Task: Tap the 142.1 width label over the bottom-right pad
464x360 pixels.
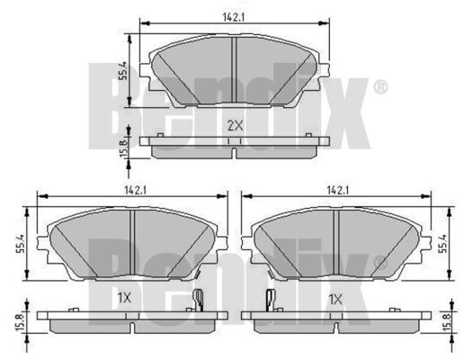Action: point(336,190)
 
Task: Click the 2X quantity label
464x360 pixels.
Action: point(234,125)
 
